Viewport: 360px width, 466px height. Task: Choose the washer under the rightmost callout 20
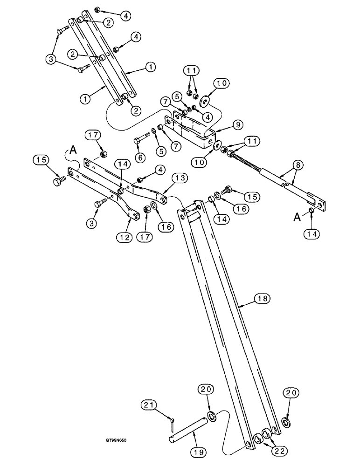285,422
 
